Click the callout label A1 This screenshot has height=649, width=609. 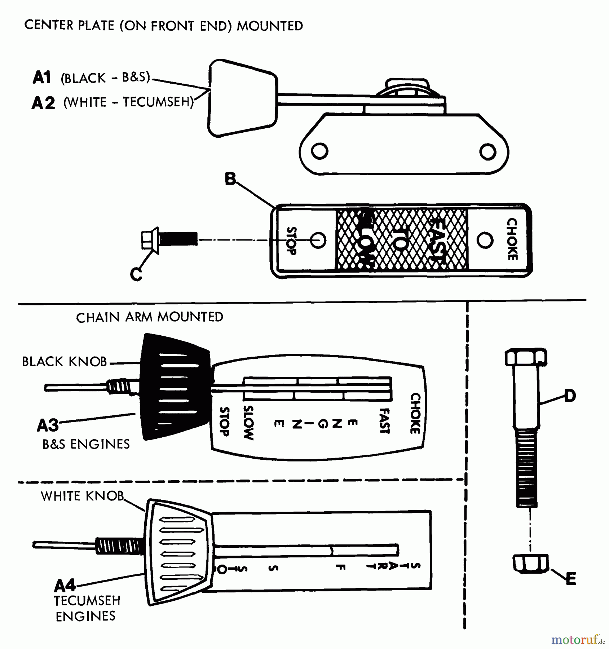42,78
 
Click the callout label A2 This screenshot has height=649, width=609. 43,103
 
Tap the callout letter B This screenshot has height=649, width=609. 230,179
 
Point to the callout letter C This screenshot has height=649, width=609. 136,274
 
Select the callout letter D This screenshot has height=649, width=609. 570,396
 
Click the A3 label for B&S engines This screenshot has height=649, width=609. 48,425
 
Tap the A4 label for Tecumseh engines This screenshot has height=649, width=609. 65,586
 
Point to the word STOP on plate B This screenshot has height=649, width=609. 291,241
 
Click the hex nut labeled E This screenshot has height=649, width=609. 530,564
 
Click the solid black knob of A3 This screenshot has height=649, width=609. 175,388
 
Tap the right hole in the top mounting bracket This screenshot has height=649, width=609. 487,152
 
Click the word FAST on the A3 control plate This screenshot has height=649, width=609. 385,421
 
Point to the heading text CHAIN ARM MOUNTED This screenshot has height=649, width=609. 150,317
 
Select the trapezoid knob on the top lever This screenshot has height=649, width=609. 242,98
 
